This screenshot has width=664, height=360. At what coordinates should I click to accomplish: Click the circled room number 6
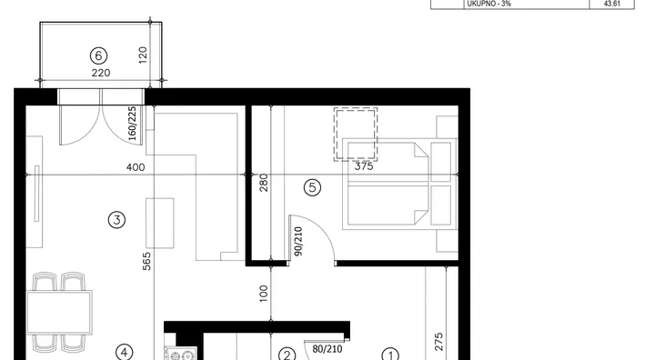coord(98,55)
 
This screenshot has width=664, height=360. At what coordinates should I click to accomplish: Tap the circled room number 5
coord(313,187)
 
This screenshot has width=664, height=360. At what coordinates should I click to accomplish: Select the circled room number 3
coord(116,220)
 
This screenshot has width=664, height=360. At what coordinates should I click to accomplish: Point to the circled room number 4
coord(124,353)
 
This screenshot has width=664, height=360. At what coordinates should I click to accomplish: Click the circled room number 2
coord(287,355)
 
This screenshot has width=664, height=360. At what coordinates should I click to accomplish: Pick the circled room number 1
coord(390,355)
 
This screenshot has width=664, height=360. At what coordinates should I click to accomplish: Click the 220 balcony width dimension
coord(101,74)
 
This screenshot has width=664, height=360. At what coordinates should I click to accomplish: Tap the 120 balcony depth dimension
coord(143,55)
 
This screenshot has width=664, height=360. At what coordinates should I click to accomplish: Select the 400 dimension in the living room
coord(136,167)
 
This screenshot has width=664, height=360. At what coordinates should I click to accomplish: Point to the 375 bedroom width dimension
coord(364,166)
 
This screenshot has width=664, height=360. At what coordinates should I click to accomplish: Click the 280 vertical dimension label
coord(264,183)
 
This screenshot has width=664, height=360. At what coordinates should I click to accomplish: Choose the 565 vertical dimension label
coord(146,262)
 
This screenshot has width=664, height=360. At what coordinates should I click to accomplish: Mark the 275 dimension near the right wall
coord(438,342)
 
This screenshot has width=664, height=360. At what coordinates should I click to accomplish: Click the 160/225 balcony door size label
coord(132,124)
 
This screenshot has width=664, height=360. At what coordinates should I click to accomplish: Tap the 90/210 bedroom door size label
coord(298,242)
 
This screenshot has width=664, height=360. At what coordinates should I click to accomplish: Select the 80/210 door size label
coord(327,349)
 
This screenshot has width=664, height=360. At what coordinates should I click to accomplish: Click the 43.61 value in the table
coord(612,4)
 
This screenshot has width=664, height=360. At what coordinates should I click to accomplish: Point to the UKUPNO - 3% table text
coord(489,4)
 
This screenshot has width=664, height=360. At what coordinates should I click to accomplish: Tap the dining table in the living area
coord(59,312)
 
